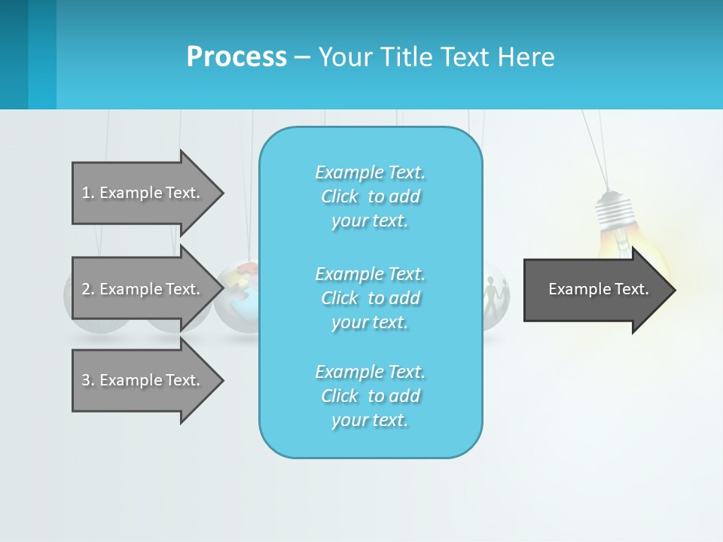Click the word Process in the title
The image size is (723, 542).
(236, 57)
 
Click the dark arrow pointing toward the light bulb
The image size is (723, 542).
(595, 290)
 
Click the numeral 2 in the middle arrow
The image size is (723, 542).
(86, 289)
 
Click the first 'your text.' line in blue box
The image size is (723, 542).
(370, 221)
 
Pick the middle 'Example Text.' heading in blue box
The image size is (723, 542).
(370, 273)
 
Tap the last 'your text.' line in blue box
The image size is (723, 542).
(370, 421)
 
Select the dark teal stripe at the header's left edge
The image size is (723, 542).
(14, 54)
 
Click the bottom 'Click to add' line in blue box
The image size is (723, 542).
(370, 396)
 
